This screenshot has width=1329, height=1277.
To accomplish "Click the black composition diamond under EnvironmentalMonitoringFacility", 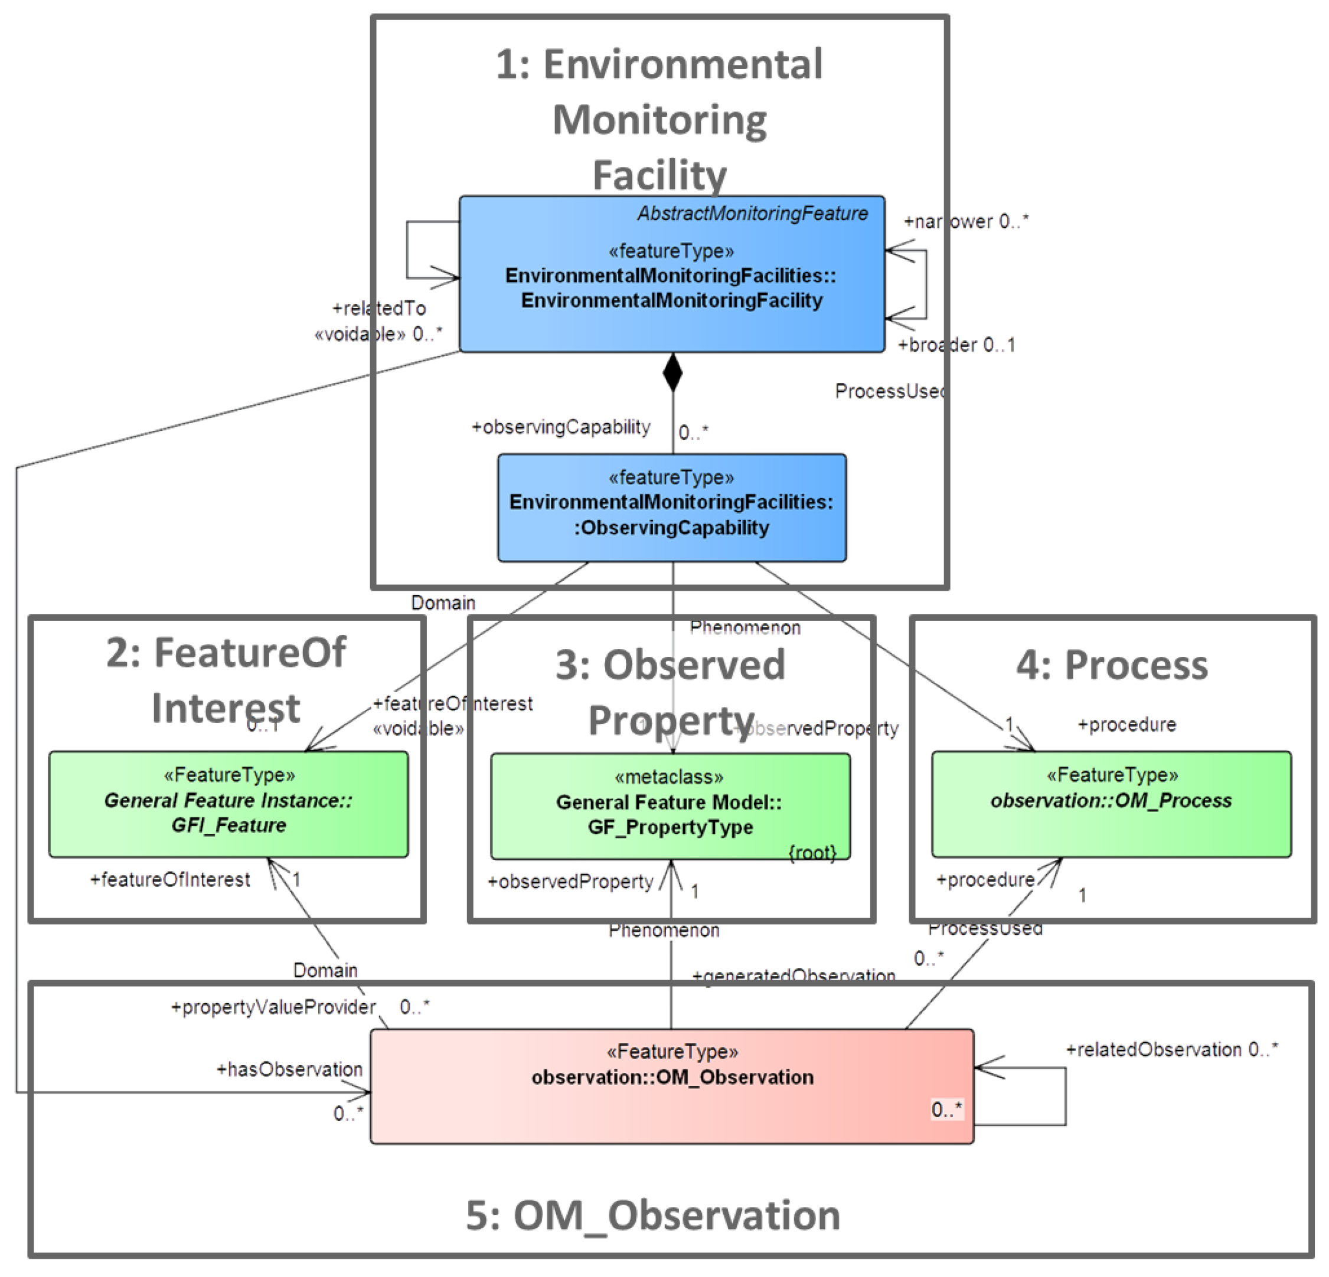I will click(672, 372).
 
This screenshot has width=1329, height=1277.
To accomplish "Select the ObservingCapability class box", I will click(671, 507).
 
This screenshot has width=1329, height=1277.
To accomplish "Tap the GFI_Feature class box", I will click(228, 804).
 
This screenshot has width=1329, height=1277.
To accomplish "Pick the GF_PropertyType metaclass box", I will click(670, 807).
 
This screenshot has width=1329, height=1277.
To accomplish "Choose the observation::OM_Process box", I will click(1111, 804).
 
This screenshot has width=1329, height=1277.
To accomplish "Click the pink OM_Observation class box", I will click(671, 1086).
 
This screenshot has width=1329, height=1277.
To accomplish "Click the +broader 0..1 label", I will click(956, 345).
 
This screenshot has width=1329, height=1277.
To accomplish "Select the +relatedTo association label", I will click(379, 309).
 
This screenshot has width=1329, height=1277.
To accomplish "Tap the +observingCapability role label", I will click(561, 427).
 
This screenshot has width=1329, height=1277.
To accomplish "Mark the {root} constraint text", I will click(812, 853).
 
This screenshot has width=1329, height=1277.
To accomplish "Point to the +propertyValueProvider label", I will click(273, 1007).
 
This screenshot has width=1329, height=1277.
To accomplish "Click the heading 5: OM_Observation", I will click(652, 1215).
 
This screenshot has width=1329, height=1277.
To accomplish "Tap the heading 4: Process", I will click(1112, 665).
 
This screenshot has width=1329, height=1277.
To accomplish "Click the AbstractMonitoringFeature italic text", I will click(752, 214).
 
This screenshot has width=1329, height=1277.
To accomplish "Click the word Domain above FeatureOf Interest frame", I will click(443, 603).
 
